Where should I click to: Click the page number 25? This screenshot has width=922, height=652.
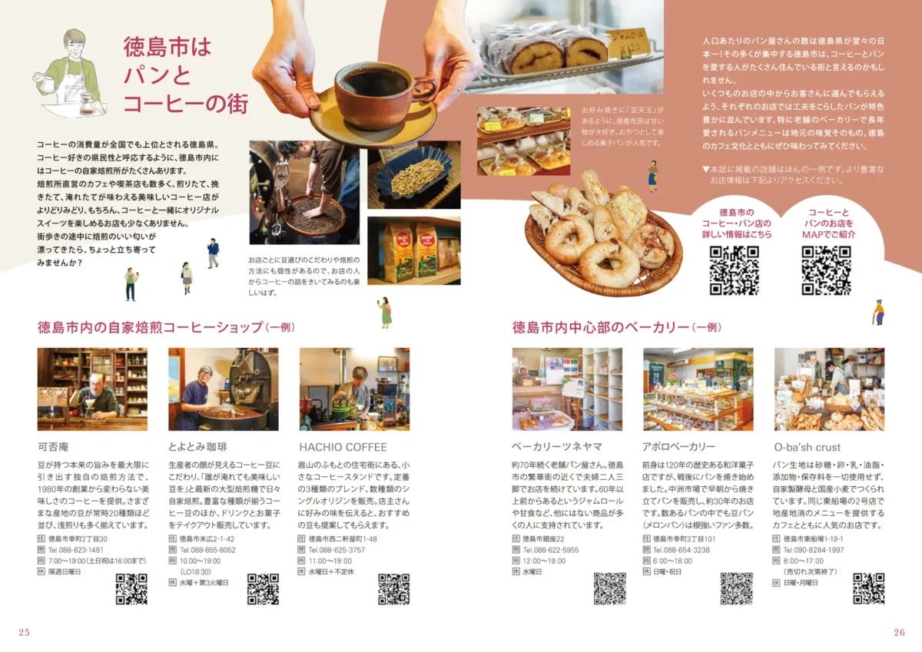(x=24, y=632)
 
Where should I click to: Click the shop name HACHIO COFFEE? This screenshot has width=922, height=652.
(x=343, y=447)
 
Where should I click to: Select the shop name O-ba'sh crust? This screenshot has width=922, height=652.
(x=807, y=447)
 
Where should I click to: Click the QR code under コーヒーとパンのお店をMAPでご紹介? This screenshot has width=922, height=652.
(x=826, y=270)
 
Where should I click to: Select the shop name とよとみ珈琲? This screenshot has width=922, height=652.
(x=197, y=447)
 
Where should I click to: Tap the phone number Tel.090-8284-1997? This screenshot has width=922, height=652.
(x=813, y=550)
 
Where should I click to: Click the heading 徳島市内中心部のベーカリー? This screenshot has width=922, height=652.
(x=601, y=328)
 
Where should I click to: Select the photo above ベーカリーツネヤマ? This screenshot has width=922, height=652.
(x=567, y=389)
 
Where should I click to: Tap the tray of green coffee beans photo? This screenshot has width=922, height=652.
(x=413, y=175)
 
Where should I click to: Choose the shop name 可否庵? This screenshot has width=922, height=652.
(x=54, y=447)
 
